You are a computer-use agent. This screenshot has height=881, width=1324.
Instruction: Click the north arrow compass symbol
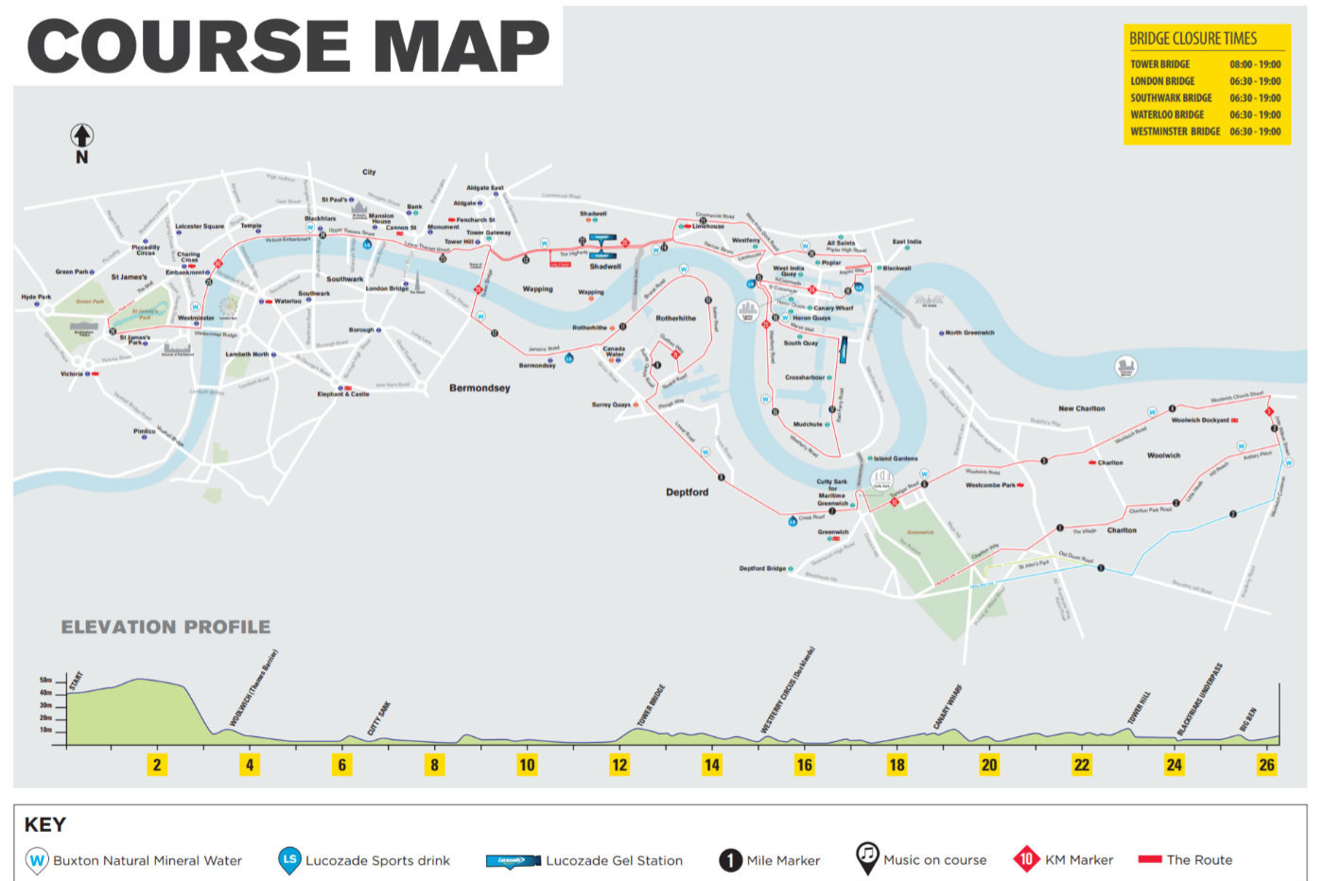click(x=82, y=136)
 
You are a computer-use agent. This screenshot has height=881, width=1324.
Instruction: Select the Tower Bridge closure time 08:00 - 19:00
click(x=1255, y=64)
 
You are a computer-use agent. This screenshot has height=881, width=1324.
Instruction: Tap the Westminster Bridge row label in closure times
click(x=1175, y=131)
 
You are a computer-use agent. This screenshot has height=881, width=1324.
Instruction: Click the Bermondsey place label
click(x=479, y=388)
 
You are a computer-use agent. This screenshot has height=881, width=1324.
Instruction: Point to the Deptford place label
click(x=687, y=492)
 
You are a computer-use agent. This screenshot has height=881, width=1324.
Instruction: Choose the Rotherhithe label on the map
click(x=675, y=319)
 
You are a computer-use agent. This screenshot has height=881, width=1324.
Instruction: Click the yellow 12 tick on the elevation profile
click(x=619, y=765)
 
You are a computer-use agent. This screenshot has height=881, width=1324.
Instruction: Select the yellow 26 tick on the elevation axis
click(x=1266, y=765)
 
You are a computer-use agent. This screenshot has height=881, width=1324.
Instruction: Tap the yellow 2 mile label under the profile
click(x=157, y=765)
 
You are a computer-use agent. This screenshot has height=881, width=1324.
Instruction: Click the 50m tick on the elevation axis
click(x=46, y=681)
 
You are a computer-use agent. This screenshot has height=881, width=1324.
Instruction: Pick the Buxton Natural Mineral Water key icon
click(x=37, y=860)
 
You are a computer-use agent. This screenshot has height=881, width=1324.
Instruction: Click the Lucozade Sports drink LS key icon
click(x=289, y=859)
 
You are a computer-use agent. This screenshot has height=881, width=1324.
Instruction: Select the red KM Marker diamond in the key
click(x=1026, y=859)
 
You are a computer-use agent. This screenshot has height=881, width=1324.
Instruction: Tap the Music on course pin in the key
click(x=866, y=856)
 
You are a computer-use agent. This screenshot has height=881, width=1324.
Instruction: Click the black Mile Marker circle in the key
click(x=730, y=860)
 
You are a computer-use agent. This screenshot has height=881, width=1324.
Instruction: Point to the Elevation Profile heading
click(x=165, y=627)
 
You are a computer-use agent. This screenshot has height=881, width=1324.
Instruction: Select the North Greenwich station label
click(x=969, y=333)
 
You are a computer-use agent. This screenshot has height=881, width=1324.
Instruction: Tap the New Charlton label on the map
click(x=1081, y=408)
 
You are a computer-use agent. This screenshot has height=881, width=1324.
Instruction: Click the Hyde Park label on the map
click(x=35, y=297)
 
